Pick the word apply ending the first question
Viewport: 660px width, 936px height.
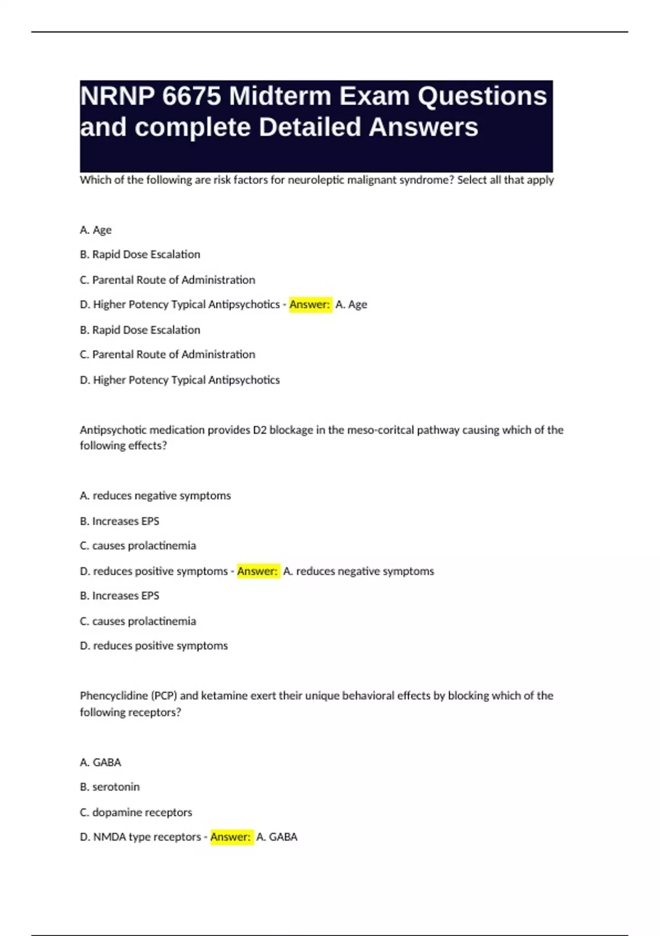click(540, 180)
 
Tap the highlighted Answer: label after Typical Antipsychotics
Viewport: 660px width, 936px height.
click(310, 304)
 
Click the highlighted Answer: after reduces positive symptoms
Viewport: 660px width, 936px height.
click(257, 572)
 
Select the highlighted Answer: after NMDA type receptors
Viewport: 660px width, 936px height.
click(231, 837)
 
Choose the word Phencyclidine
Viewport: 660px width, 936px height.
click(113, 696)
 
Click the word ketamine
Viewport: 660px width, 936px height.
click(224, 696)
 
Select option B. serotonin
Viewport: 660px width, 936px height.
click(109, 787)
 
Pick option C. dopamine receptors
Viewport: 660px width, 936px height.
click(136, 812)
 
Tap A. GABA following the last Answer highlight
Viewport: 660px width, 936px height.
click(277, 837)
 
